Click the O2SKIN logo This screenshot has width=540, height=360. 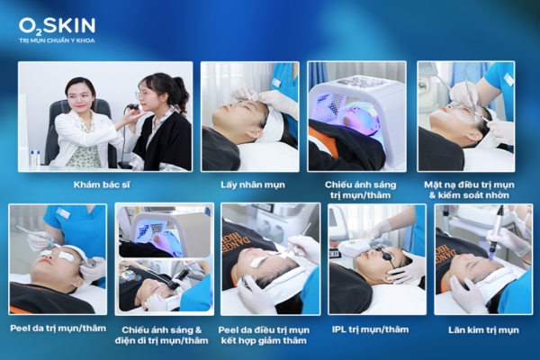click(x=56, y=24)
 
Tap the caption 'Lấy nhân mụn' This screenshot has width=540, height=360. click(x=249, y=184)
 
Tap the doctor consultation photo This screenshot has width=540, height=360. click(x=104, y=115)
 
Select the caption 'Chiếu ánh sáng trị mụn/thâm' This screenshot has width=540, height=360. click(x=355, y=189)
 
